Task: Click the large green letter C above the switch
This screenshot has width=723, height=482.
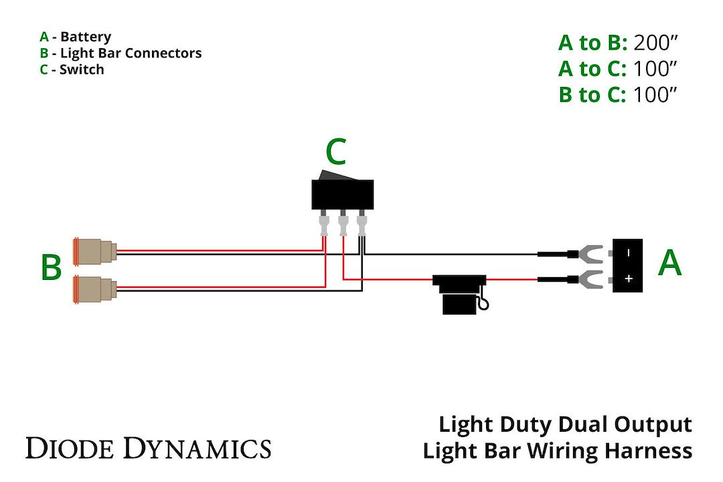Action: (x=335, y=153)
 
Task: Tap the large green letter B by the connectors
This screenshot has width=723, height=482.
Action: (x=51, y=267)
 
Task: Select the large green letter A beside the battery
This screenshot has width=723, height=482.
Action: (x=669, y=262)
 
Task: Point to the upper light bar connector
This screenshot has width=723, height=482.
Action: (x=95, y=251)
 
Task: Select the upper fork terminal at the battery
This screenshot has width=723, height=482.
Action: (x=590, y=254)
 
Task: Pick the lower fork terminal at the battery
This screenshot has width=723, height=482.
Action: (x=590, y=278)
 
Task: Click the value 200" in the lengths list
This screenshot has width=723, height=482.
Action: (x=656, y=43)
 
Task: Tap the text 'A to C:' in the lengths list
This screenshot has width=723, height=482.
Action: (x=592, y=69)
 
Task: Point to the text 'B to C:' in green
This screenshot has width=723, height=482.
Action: (x=592, y=95)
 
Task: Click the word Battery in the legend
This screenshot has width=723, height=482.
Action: (x=86, y=37)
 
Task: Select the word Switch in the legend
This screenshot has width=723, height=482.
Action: (x=82, y=69)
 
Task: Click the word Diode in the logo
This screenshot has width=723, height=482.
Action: (x=64, y=447)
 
